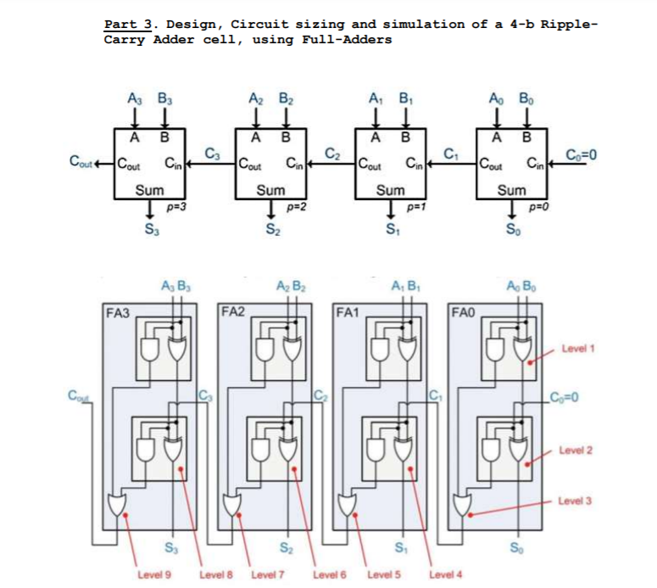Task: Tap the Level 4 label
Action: (447, 574)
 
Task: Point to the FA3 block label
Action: (118, 313)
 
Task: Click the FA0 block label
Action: (465, 313)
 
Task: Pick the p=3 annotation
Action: (176, 206)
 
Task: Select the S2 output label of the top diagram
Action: (271, 229)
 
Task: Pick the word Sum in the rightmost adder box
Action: (511, 190)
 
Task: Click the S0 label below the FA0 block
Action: (517, 546)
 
